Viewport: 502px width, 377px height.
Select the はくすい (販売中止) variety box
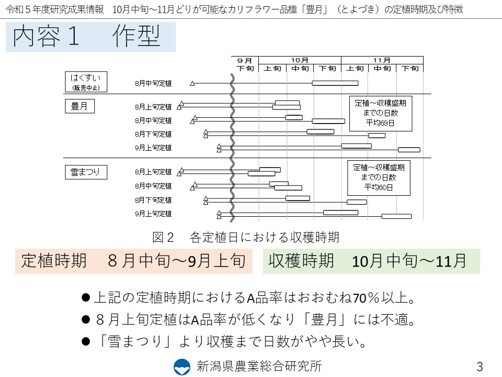(86, 82)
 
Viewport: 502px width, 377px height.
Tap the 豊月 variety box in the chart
(79, 106)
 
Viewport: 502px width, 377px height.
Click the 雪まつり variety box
(86, 172)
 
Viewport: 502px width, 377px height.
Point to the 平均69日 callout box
(381, 114)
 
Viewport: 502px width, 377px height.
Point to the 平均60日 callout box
(379, 178)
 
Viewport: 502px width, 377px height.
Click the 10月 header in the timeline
(300, 60)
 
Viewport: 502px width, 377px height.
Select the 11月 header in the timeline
(382, 60)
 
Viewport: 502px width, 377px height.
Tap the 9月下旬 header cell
(245, 64)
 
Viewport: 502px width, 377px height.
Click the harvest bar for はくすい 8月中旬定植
(335, 83)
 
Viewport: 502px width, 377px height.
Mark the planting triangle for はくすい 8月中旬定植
(192, 83)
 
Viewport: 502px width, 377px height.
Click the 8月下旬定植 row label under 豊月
(153, 134)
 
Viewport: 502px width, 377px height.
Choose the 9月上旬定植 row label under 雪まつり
(153, 214)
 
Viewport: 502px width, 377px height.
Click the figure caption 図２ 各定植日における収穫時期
(246, 237)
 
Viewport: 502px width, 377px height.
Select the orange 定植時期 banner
(134, 261)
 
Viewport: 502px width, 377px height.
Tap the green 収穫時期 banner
(371, 261)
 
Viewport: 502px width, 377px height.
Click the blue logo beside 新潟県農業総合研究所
(182, 367)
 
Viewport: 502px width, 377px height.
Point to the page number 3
(480, 367)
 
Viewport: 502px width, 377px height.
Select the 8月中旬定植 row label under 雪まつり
(153, 186)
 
